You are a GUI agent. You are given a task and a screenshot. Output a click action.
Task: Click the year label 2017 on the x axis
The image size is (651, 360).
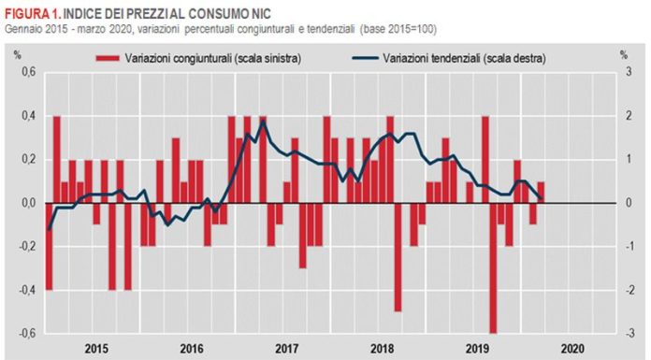point(287,349)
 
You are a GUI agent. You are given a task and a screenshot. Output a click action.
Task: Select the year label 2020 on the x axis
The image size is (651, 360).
point(573,349)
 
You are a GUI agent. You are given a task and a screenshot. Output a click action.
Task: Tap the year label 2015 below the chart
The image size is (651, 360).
point(95,349)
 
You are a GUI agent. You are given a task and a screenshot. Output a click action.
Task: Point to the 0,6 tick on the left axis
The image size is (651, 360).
point(27,73)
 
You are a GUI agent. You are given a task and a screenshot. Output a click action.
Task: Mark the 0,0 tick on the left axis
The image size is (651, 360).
point(27,203)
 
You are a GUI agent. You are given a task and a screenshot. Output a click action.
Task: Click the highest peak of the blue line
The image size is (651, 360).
point(264,121)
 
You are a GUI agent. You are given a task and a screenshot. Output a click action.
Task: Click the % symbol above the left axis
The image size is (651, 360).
point(16,54)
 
